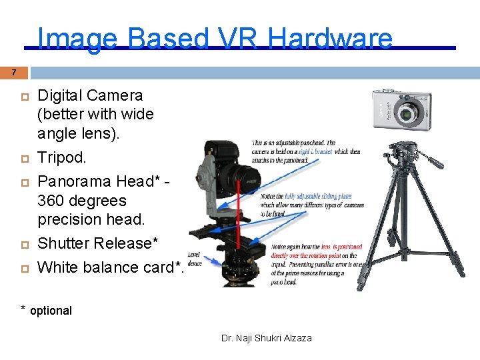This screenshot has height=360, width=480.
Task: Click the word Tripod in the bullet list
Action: (x=61, y=157)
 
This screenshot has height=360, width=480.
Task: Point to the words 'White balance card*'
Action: (x=110, y=267)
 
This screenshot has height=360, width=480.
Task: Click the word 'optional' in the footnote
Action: (x=51, y=311)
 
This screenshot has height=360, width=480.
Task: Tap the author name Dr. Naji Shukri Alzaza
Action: (x=266, y=338)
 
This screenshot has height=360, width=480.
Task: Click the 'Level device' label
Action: (x=195, y=259)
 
